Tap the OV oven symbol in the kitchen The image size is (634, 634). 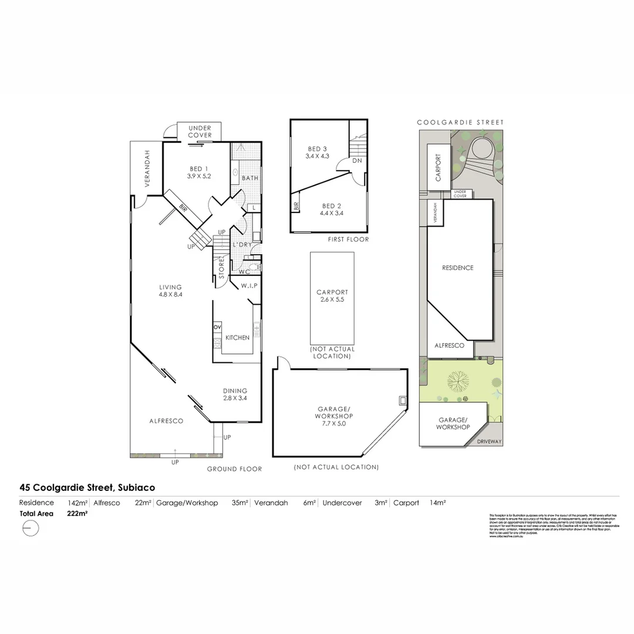(x=217, y=326)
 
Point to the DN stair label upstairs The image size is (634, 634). (x=357, y=160)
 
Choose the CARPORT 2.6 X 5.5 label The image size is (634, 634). (x=332, y=296)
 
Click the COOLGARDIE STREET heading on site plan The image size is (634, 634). (x=460, y=123)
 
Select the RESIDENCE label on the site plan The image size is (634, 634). (x=457, y=268)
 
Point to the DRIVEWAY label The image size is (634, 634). (x=490, y=441)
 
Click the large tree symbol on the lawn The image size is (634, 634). (x=458, y=381)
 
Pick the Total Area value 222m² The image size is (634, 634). (x=78, y=514)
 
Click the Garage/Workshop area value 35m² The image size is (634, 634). (x=240, y=503)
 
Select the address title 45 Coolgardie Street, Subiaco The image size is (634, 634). (x=87, y=487)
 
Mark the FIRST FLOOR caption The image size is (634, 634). (x=348, y=240)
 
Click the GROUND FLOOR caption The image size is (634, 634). (x=234, y=469)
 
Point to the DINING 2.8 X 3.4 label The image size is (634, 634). (x=234, y=394)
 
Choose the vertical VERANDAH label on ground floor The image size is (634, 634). (x=147, y=167)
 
